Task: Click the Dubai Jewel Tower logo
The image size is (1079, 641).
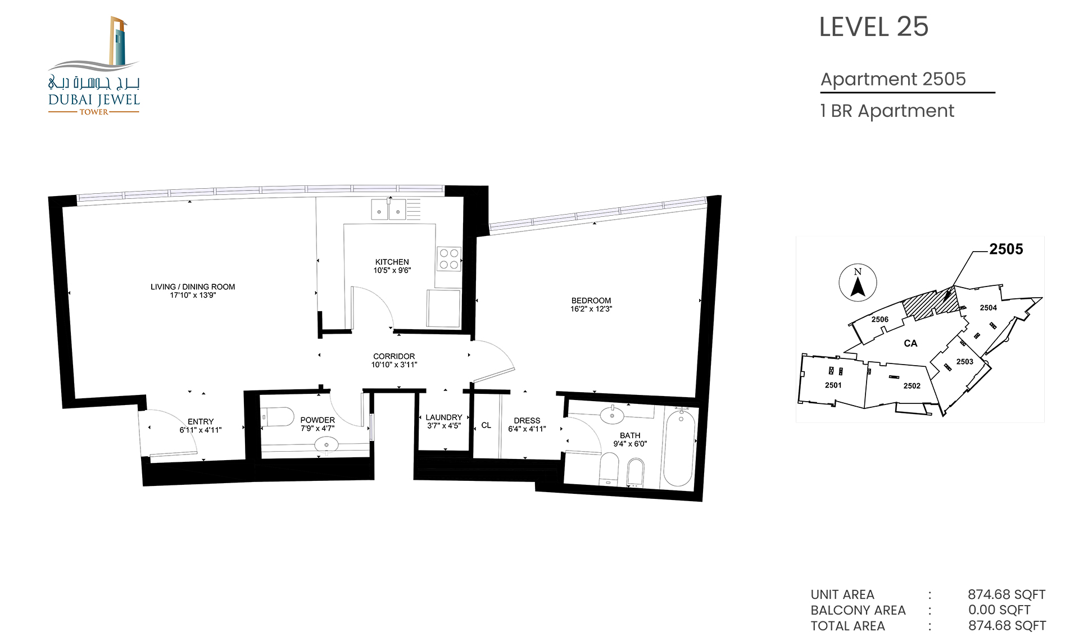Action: pos(94,66)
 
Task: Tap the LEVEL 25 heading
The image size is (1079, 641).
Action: pos(873,27)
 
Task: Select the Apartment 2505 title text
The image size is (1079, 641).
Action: pos(893,79)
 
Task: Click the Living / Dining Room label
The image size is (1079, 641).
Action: pos(193,287)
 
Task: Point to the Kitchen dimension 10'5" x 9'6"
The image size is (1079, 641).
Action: pos(392,270)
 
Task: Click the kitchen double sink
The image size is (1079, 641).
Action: pos(388,209)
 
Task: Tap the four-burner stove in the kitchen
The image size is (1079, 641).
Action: pos(449,259)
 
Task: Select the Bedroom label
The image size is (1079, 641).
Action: pos(591,301)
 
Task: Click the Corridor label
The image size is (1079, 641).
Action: pos(394,356)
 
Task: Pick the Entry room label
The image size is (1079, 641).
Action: pos(201,421)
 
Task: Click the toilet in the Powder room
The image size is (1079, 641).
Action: pos(278,417)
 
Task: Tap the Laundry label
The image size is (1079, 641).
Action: pos(444,417)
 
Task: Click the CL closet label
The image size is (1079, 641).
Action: pos(486,425)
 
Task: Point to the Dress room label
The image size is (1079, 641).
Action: pos(527,420)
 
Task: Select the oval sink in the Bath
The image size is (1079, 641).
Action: pos(612,416)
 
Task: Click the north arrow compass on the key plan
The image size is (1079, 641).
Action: pos(858,283)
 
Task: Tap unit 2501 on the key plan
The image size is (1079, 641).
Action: pos(833,385)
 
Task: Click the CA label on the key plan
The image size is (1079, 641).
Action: pos(910,343)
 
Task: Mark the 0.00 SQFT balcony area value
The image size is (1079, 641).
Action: pos(999,610)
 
